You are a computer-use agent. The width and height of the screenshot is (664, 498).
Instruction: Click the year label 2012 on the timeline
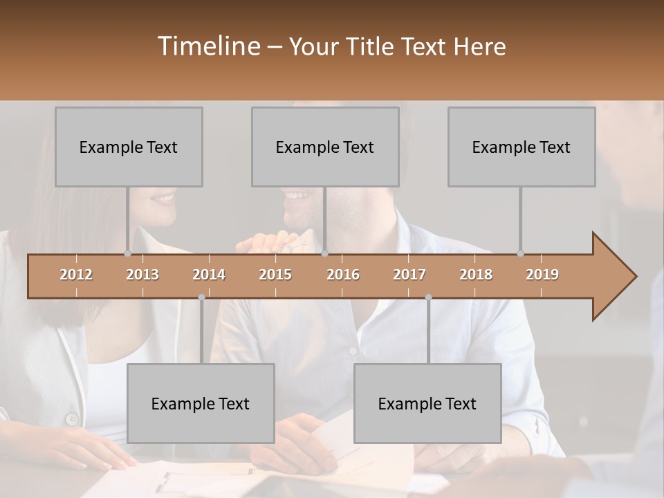tap(76, 275)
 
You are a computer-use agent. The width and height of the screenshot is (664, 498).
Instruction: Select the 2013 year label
tap(142, 275)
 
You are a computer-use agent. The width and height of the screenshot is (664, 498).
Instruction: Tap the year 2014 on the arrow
tap(209, 275)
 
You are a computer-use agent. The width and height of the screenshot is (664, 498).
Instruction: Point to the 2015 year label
tap(275, 275)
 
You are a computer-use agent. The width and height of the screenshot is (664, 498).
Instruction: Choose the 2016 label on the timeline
tap(343, 275)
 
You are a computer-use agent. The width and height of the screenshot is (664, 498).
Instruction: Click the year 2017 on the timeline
tap(409, 275)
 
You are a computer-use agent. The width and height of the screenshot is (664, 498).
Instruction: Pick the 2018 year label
tap(476, 275)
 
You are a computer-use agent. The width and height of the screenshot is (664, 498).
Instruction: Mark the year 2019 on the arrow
tap(542, 275)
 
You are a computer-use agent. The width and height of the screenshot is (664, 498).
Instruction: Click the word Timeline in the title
tap(208, 46)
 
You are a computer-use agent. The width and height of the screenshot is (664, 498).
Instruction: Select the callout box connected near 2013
tap(129, 147)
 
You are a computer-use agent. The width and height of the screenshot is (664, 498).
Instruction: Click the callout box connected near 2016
tap(325, 147)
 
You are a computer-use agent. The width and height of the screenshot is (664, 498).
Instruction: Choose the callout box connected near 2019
tap(522, 147)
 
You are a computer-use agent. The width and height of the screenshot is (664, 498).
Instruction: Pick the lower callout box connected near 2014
tap(201, 403)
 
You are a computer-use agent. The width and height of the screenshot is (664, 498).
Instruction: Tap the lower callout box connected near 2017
tap(427, 403)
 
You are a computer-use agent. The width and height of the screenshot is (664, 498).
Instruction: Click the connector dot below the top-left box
tap(127, 253)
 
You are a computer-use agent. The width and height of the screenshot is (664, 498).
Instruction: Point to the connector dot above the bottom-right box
tap(428, 297)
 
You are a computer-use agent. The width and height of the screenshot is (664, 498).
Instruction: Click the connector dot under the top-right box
tap(520, 253)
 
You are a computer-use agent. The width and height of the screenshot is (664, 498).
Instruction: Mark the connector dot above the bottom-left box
tap(201, 297)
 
